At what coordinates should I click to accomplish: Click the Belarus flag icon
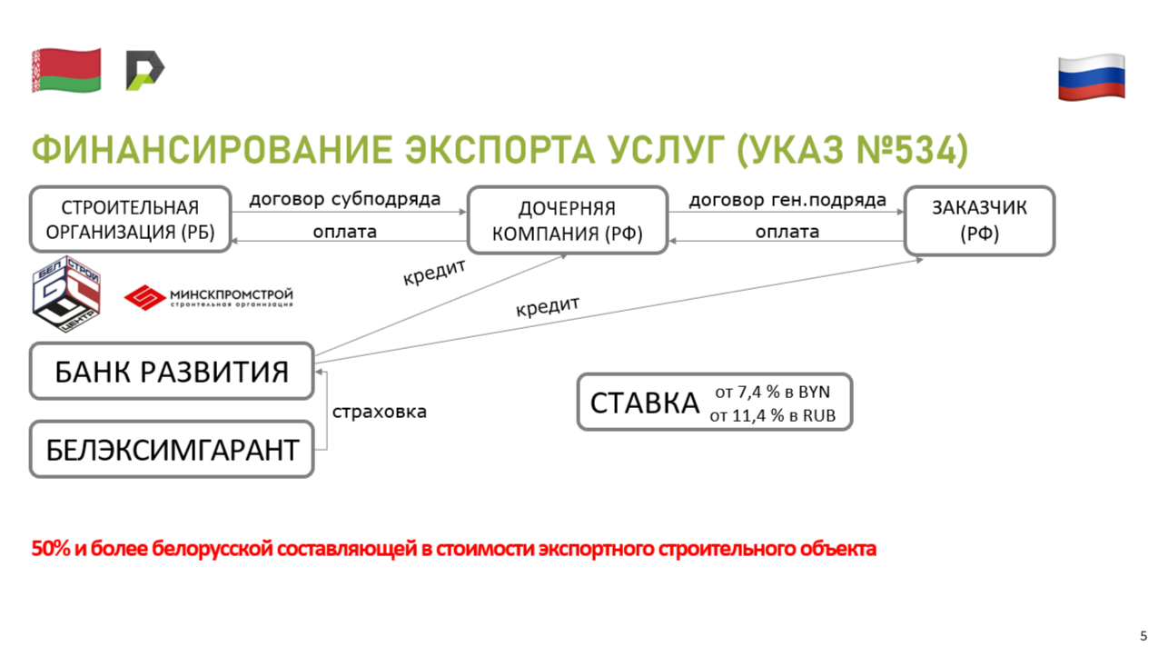pos(66,70)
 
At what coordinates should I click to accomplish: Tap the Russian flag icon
pos(1092,77)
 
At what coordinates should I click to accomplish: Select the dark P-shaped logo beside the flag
pos(144,70)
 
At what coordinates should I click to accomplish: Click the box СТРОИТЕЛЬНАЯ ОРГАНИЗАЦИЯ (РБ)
pos(130,219)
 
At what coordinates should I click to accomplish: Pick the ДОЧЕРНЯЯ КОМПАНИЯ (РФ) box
pos(568,220)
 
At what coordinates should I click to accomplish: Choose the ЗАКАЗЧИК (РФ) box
pos(979,221)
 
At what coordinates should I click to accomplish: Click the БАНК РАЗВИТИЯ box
pos(172,371)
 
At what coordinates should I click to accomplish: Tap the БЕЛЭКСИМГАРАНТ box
pos(172,449)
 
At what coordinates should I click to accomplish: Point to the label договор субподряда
pos(345,200)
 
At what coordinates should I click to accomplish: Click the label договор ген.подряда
pos(787,200)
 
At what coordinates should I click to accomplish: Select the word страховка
pos(380,412)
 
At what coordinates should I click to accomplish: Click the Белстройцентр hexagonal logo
pos(66,294)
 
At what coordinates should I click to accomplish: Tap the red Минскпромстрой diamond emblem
pos(144,297)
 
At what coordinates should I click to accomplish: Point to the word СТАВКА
pos(645,403)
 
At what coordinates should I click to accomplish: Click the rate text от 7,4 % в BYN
pos(772,392)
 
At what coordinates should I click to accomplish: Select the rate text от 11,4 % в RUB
pos(772,415)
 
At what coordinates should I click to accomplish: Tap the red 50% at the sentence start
pos(51,548)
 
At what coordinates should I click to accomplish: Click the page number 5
pos(1143,635)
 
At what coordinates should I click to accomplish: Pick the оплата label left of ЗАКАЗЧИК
pos(787,232)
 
